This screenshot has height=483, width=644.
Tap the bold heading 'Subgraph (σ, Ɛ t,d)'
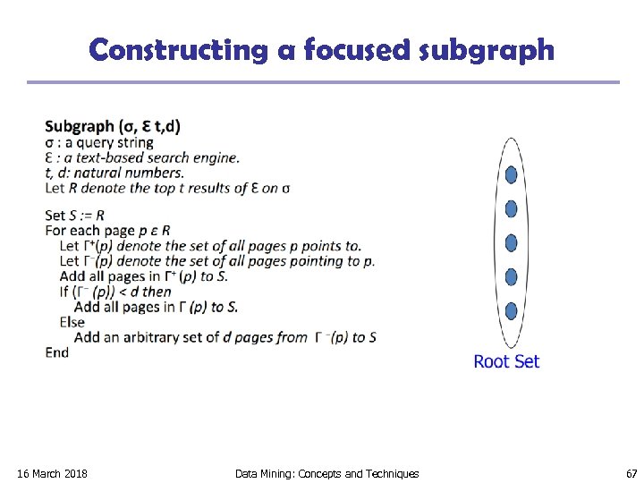click(113, 126)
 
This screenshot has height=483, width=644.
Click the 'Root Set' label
click(506, 361)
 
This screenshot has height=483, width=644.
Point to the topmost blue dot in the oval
click(511, 174)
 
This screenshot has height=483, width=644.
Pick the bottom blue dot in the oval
click(511, 311)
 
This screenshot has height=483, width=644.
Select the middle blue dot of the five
click(511, 242)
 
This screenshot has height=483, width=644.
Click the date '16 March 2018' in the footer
click(53, 473)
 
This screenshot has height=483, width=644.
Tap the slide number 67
click(631, 473)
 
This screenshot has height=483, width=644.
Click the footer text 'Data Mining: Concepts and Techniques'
click(326, 473)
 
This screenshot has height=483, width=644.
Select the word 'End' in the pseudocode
click(57, 352)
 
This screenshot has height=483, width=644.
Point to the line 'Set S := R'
click(75, 215)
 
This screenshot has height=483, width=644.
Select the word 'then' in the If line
click(157, 292)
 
